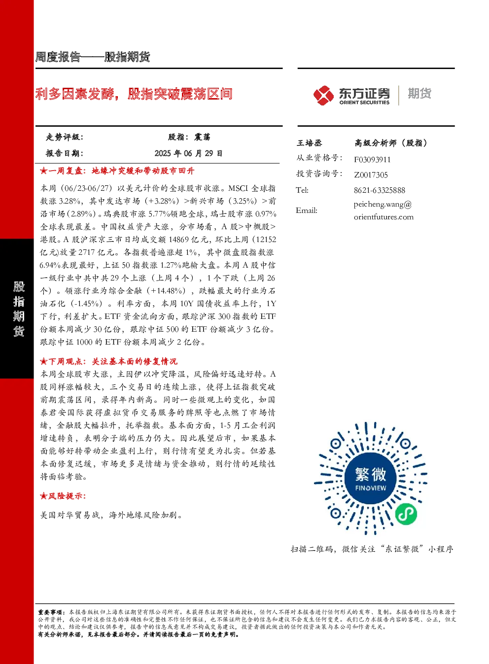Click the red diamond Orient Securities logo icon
(x=323, y=95)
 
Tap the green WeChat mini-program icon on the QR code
(x=406, y=514)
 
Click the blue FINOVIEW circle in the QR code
(x=371, y=479)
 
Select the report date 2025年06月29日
(x=188, y=153)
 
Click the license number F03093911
(x=372, y=160)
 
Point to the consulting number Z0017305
(x=371, y=175)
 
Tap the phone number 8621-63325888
(x=380, y=190)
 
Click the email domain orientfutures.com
(x=384, y=217)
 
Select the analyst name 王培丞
(x=309, y=143)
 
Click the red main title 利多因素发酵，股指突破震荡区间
(x=134, y=94)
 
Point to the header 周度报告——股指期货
(x=93, y=57)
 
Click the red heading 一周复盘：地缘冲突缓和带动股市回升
(x=117, y=171)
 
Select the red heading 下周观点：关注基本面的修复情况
(x=109, y=361)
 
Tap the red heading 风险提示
(x=63, y=496)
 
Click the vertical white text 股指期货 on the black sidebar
(x=19, y=309)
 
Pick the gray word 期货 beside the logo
(x=419, y=93)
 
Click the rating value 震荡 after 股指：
(x=202, y=137)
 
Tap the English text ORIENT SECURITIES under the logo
(x=364, y=103)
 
